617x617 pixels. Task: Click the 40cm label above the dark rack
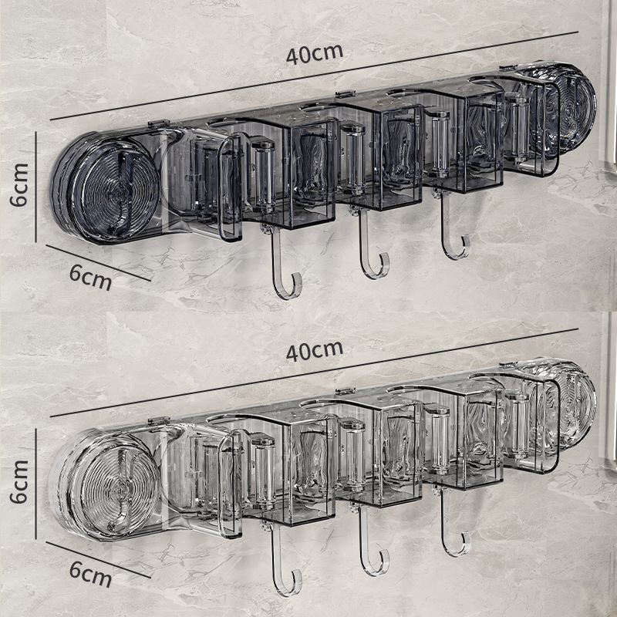315,54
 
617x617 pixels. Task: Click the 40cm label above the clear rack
315,351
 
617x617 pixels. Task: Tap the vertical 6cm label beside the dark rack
19,185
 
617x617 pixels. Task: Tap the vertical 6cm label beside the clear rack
19,481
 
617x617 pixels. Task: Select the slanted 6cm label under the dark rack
90,277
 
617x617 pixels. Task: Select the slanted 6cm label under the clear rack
90,574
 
